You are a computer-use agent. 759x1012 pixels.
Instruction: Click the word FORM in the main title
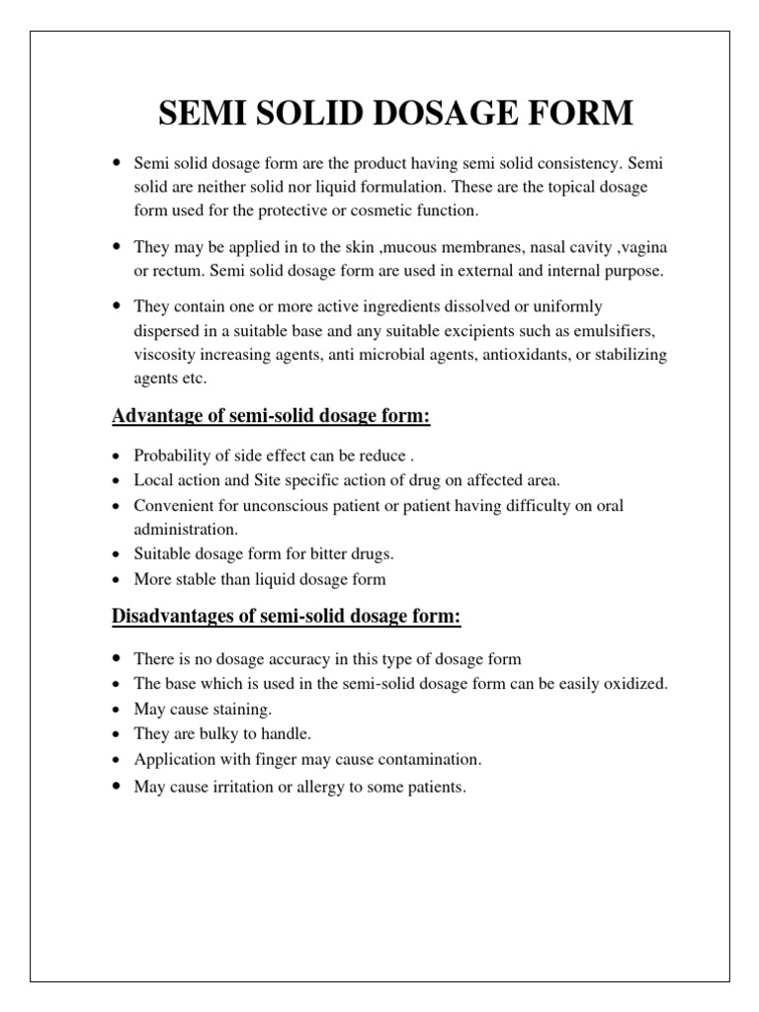(578, 113)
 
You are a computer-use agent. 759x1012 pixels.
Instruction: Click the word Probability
(175, 457)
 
